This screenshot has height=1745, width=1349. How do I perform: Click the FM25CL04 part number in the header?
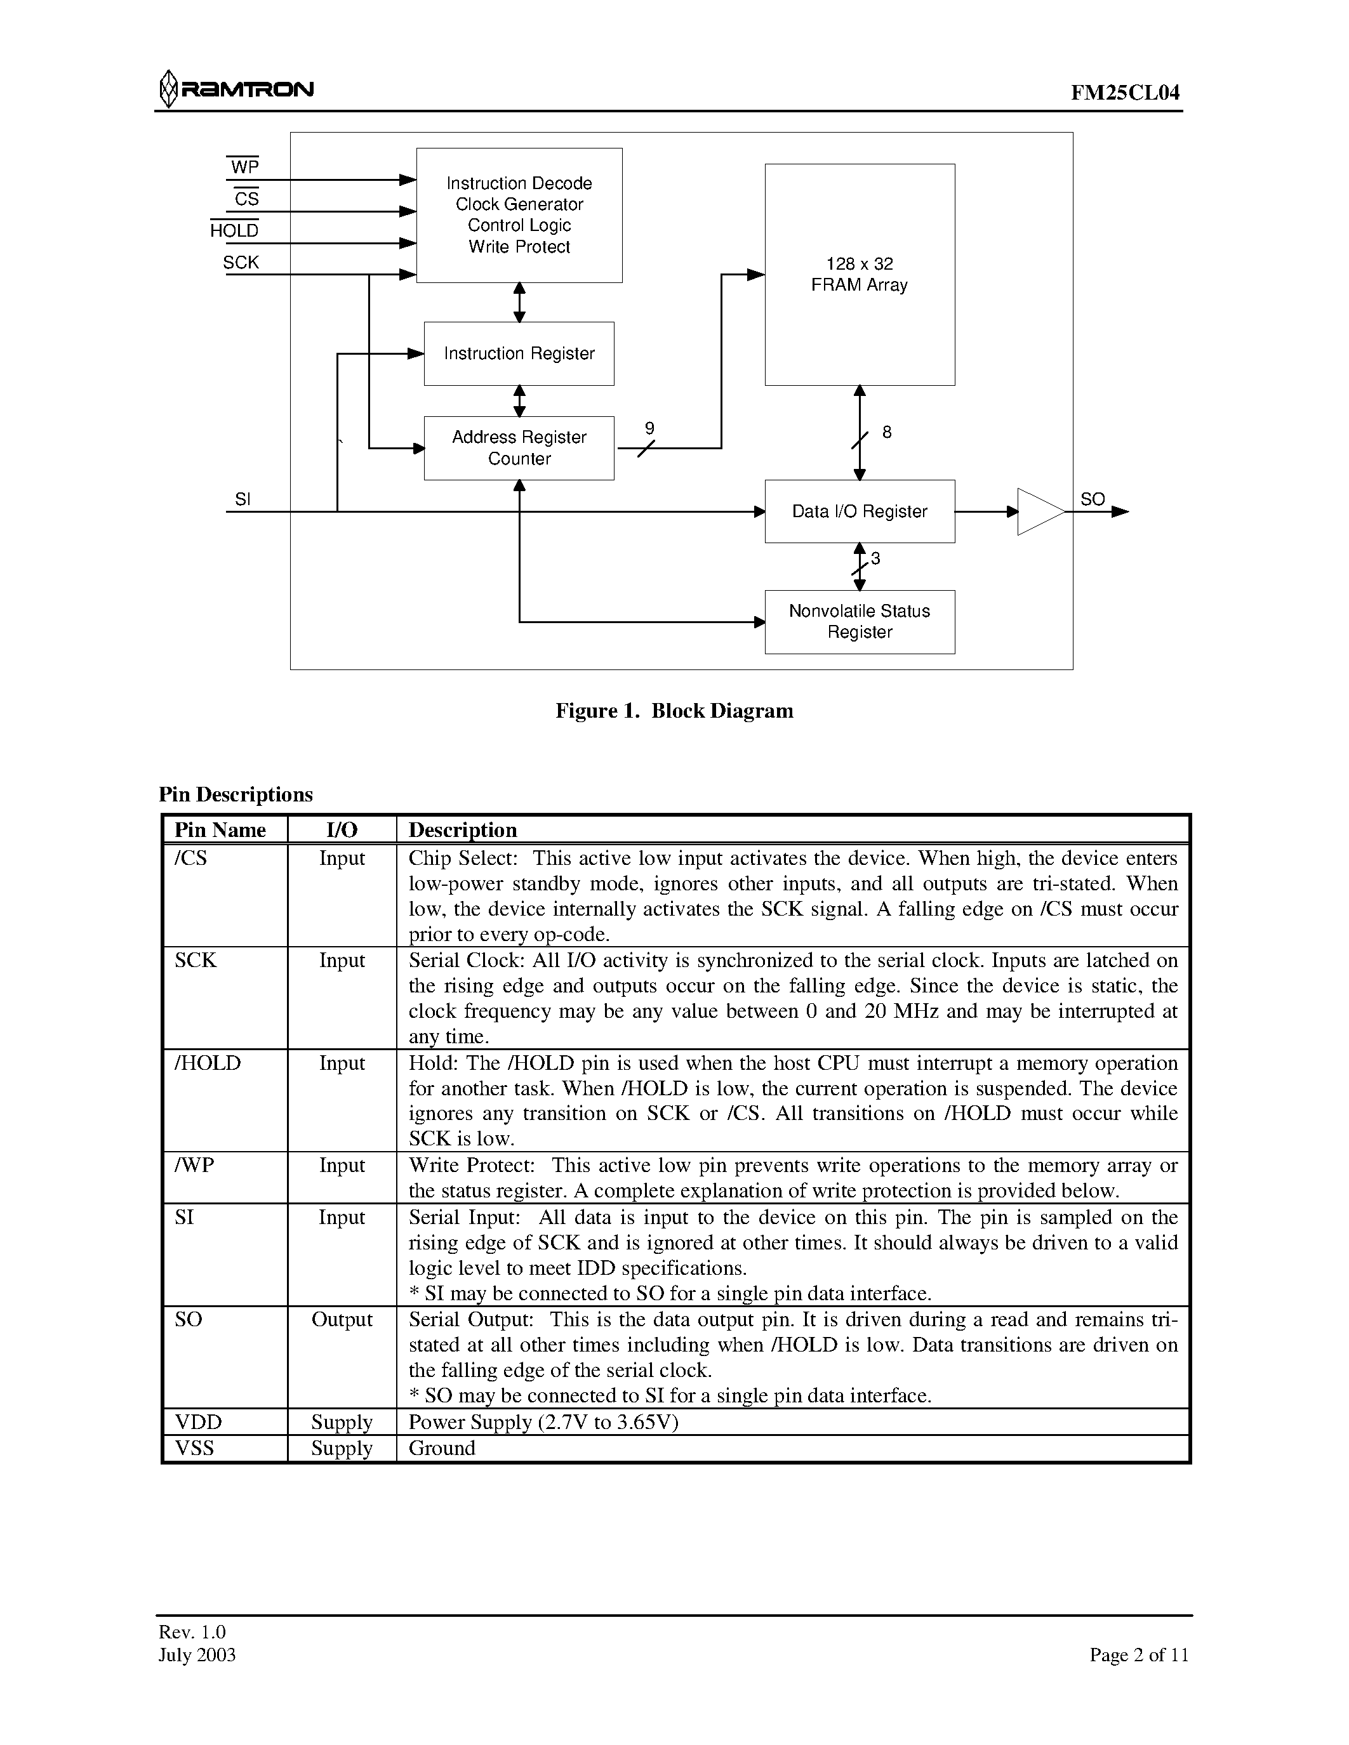(x=1124, y=93)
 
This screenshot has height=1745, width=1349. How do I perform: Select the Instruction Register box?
(x=519, y=353)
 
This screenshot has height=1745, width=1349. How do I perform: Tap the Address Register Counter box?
(x=519, y=447)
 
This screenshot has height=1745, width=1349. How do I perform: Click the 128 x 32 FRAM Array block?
(x=859, y=274)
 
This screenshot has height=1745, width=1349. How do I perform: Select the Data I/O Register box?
(x=859, y=511)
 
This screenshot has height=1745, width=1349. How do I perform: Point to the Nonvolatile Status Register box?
(x=859, y=622)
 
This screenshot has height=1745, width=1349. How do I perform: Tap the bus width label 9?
(x=649, y=428)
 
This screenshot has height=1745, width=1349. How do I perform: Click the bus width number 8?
(x=886, y=432)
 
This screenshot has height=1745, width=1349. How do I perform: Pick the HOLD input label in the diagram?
(x=234, y=231)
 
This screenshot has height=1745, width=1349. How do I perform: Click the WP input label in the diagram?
(x=244, y=167)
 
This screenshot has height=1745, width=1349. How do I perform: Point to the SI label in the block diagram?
(x=243, y=499)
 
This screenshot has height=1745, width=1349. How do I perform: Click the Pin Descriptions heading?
(x=236, y=794)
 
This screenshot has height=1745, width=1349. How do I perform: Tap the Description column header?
(x=463, y=829)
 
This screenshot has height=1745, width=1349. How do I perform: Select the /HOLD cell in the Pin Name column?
(x=208, y=1063)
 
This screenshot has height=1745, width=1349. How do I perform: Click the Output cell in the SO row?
(x=342, y=1319)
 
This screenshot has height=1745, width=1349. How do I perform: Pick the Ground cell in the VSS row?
(x=442, y=1448)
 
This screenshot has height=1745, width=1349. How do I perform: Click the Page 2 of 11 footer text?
(x=1138, y=1655)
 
